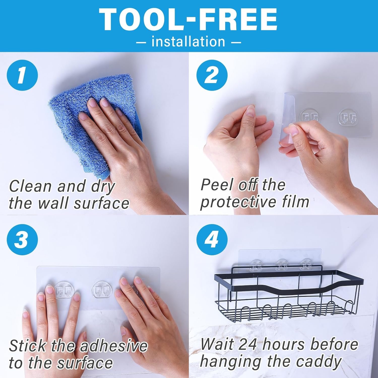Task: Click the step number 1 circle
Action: click(x=22, y=75)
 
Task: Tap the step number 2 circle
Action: click(x=212, y=75)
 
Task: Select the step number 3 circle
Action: click(x=22, y=239)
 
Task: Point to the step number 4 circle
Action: click(x=212, y=239)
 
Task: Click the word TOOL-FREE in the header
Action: click(x=188, y=20)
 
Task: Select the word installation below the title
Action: click(x=188, y=42)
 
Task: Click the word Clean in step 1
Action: click(x=31, y=186)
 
